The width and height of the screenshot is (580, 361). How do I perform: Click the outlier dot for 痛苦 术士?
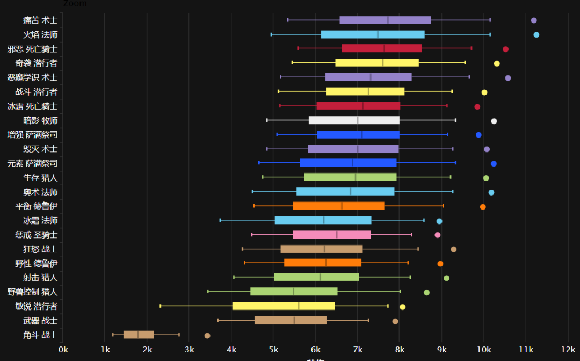click(x=534, y=20)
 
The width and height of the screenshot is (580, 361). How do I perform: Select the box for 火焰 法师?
click(x=373, y=35)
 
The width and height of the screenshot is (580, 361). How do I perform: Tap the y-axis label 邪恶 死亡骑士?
click(x=33, y=49)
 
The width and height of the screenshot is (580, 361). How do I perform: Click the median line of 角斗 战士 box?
click(x=138, y=335)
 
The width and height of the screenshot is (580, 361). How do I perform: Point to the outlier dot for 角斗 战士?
click(x=207, y=336)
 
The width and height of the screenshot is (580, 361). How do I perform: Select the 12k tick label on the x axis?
click(x=568, y=349)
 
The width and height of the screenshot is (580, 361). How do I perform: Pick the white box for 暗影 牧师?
click(x=354, y=120)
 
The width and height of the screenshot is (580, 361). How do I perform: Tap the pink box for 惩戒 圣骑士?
click(x=331, y=235)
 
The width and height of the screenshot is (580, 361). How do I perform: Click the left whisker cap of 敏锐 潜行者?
click(x=160, y=306)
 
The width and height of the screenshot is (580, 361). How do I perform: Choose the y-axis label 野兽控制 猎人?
click(x=33, y=292)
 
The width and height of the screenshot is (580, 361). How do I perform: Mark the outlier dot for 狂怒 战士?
click(x=453, y=249)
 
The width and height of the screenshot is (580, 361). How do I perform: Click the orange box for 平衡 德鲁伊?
click(x=338, y=206)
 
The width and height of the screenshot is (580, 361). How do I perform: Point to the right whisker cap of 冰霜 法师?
click(x=424, y=220)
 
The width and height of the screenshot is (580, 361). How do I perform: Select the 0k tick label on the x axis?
click(x=63, y=349)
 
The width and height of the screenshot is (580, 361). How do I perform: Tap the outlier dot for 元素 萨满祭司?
click(x=494, y=163)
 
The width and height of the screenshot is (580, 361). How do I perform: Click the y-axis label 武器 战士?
click(x=40, y=321)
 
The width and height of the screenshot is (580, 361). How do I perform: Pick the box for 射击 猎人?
click(x=316, y=277)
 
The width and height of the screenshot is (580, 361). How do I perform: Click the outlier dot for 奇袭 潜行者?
click(x=497, y=63)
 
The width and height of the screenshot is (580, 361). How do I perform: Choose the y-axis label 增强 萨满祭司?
click(x=33, y=134)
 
